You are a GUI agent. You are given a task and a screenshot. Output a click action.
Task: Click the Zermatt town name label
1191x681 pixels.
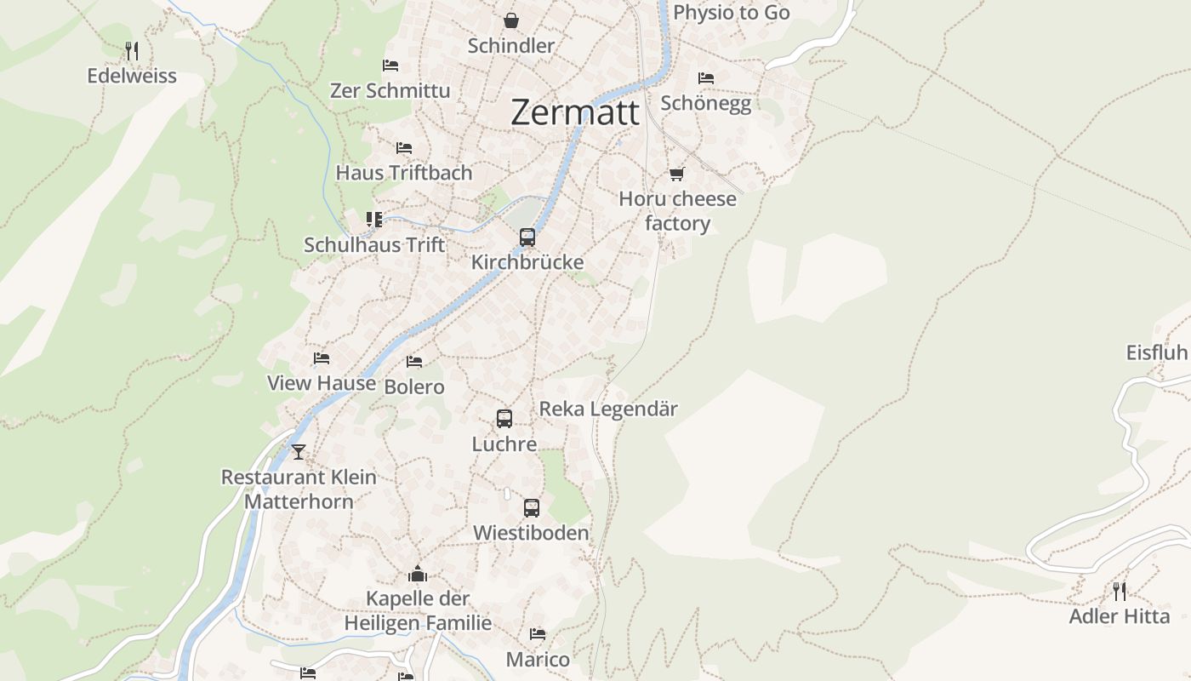(575, 112)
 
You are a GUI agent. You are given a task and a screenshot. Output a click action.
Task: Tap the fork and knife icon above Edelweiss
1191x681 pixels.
(132, 51)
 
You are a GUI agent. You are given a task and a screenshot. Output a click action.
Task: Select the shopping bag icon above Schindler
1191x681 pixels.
(510, 20)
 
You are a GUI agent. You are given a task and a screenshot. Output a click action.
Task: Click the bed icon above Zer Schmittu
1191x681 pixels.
(390, 66)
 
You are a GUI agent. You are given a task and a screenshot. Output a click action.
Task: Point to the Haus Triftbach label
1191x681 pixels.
(404, 173)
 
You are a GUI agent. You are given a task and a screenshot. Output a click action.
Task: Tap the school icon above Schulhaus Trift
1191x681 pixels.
(374, 220)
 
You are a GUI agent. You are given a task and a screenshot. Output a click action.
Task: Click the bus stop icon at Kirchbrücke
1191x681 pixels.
(527, 237)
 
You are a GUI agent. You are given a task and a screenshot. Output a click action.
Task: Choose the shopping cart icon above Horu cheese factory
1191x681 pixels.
(676, 174)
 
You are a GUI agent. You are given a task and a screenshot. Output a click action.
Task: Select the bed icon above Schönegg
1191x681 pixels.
(705, 78)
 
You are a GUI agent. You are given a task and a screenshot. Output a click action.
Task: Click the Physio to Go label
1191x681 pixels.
(732, 13)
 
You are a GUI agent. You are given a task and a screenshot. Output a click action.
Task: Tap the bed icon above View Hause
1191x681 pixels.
(322, 358)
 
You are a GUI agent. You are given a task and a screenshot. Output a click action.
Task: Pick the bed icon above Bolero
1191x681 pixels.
(414, 362)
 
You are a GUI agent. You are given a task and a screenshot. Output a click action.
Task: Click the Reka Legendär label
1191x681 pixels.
(608, 409)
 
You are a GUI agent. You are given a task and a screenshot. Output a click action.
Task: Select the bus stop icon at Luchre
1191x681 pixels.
(504, 419)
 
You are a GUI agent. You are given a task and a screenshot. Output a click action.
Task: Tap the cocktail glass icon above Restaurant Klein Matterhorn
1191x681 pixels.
(298, 452)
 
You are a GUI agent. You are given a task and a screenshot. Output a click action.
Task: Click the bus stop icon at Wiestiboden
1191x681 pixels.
(531, 508)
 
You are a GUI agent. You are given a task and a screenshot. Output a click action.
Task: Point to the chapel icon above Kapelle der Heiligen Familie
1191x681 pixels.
(417, 574)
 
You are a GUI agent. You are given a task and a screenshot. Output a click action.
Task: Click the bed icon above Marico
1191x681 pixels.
(538, 634)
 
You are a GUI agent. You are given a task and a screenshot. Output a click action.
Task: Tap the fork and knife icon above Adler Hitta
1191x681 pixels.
(1120, 591)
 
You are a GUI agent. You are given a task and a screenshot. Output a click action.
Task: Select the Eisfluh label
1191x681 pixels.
(1156, 352)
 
